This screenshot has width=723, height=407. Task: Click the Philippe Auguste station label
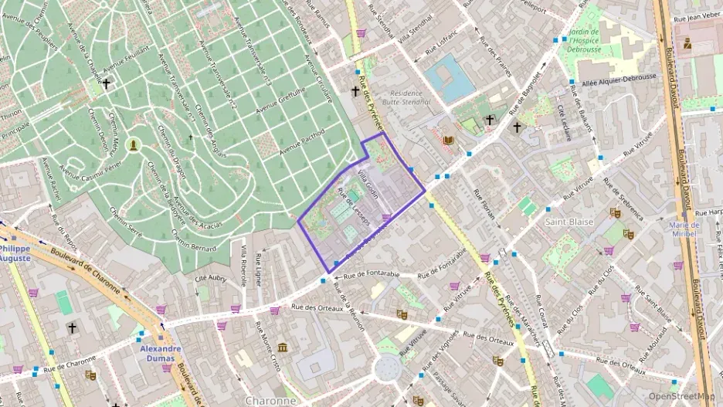pos(15,254)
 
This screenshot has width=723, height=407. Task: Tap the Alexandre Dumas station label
pos(161,354)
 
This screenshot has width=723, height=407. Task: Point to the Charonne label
pos(270,401)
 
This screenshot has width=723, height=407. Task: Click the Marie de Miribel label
pos(685,229)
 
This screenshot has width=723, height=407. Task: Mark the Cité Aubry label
pos(211,276)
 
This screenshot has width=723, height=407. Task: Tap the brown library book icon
pos(449,140)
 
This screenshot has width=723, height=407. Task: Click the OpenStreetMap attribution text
pos(681,395)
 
